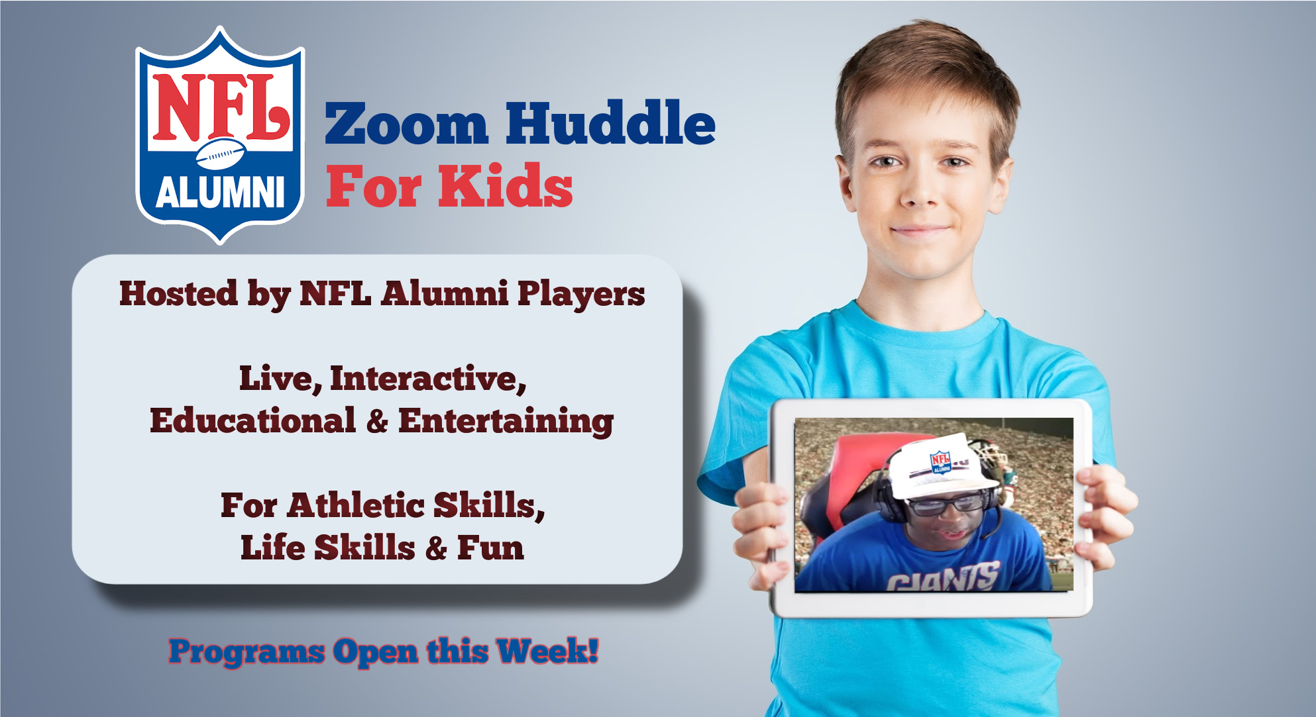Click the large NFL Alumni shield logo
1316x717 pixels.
click(220, 136)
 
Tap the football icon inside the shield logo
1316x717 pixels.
click(221, 154)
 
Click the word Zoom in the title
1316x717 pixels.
click(406, 124)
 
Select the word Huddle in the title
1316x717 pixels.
click(610, 122)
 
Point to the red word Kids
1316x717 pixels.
click(505, 186)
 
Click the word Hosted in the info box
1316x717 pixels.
click(178, 293)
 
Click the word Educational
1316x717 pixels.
click(253, 421)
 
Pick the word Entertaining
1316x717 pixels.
click(506, 422)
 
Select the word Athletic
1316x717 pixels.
click(356, 506)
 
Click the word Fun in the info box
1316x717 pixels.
click(490, 548)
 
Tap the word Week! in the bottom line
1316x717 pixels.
click(548, 651)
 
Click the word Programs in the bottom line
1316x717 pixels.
click(247, 653)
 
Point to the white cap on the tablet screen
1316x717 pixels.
click(944, 466)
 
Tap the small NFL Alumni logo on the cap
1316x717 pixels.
click(940, 462)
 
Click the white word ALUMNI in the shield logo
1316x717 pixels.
click(220, 193)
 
